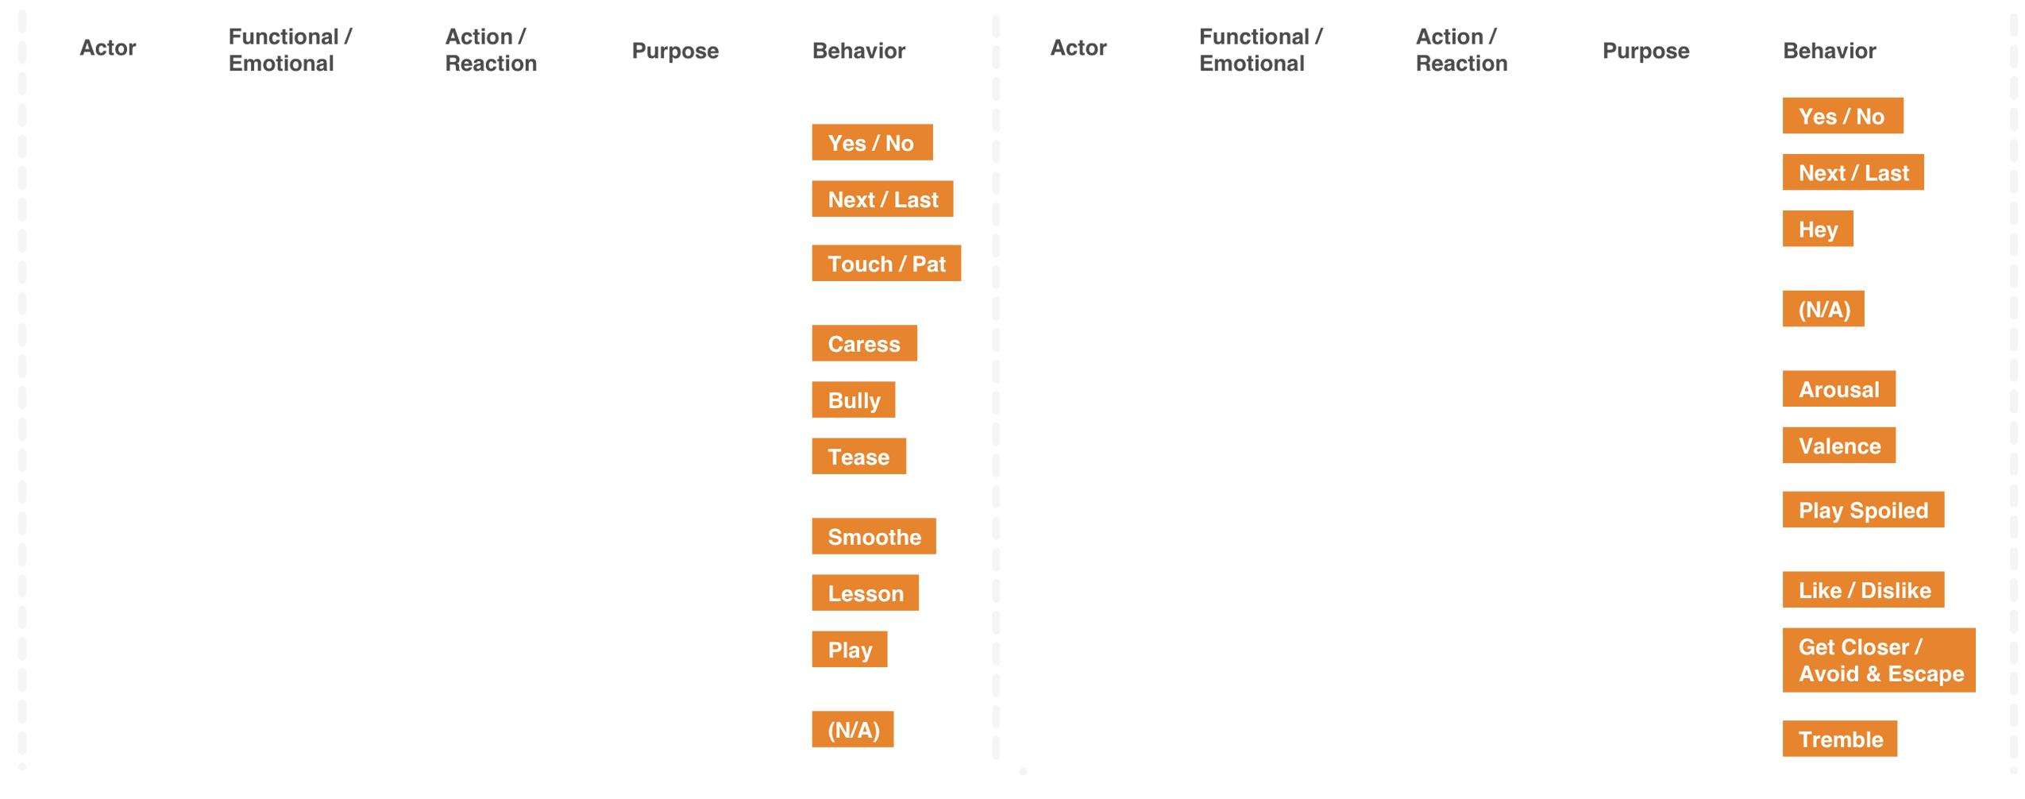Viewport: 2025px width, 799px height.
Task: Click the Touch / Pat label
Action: [x=885, y=264]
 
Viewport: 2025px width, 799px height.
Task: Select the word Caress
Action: [x=863, y=344]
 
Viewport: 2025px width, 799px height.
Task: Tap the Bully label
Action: [x=854, y=400]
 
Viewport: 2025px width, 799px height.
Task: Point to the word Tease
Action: [x=858, y=457]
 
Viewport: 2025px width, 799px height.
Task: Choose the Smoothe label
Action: [x=874, y=537]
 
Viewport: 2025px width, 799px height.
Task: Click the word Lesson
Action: [x=865, y=593]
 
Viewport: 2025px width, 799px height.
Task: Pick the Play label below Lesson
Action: [x=849, y=650]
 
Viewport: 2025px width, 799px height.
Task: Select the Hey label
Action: [x=1817, y=230]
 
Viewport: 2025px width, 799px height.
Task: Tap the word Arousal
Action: [x=1838, y=389]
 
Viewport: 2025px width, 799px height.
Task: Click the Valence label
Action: [x=1838, y=446]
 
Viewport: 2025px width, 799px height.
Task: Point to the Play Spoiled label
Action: [x=1862, y=510]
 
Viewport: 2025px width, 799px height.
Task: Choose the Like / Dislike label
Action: [x=1864, y=590]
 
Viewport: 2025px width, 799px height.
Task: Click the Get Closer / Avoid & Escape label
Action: [x=1880, y=660]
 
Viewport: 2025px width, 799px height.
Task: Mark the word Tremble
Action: [x=1840, y=739]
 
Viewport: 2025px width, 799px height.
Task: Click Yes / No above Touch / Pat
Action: [x=870, y=143]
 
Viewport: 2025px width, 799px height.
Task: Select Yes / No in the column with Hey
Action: [x=1840, y=117]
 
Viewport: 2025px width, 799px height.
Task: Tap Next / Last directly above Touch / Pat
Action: [x=882, y=199]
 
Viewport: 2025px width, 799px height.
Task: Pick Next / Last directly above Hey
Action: [x=1853, y=173]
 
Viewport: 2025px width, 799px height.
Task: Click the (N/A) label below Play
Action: [x=853, y=730]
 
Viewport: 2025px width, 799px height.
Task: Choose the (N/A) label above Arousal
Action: [x=1823, y=309]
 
